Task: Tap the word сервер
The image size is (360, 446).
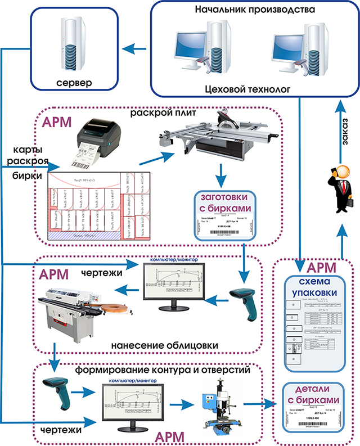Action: pos(75,83)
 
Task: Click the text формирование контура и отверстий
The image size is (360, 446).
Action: pos(164,371)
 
